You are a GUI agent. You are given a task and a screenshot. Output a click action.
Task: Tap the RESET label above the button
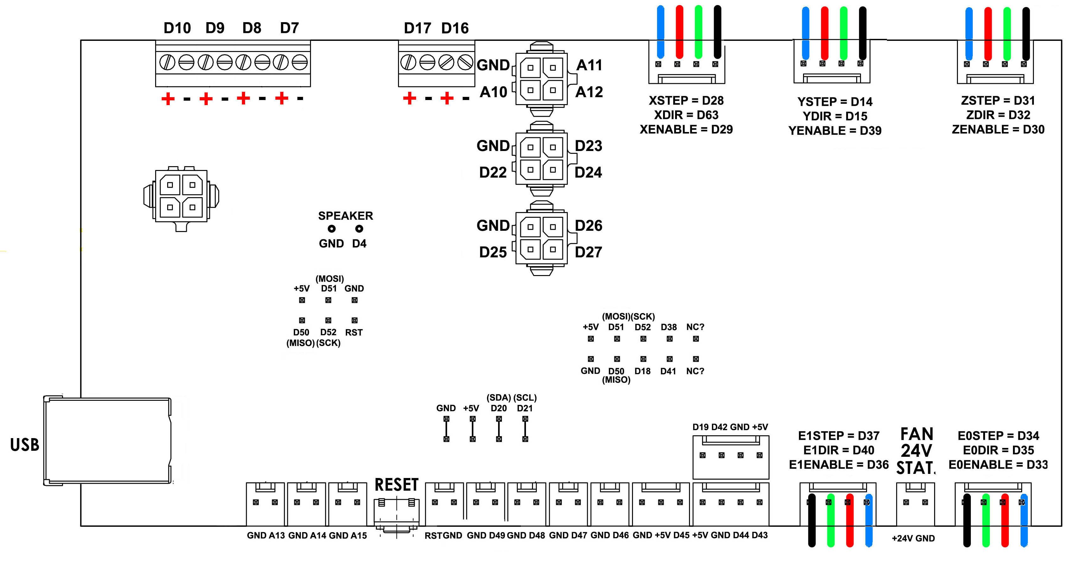[x=396, y=485]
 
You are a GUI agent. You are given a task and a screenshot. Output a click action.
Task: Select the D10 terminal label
[x=177, y=28]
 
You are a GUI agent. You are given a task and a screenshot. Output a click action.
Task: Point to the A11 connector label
[x=589, y=65]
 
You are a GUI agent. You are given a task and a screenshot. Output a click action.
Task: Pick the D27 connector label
[x=588, y=252]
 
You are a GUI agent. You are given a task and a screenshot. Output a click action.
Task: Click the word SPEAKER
[x=345, y=216]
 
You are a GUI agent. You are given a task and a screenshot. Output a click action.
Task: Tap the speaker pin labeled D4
[x=359, y=243]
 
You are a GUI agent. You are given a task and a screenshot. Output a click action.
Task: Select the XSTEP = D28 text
[x=686, y=101]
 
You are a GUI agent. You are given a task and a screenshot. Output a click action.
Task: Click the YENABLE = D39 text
[x=835, y=131]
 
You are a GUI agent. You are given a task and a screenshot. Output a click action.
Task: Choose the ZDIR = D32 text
[x=998, y=115]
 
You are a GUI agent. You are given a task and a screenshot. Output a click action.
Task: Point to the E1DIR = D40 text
[x=838, y=450]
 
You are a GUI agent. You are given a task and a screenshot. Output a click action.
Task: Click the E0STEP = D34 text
[x=998, y=436]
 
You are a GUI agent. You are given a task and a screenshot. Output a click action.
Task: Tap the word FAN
[x=916, y=434]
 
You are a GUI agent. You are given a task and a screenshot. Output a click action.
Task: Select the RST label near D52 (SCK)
[x=354, y=333]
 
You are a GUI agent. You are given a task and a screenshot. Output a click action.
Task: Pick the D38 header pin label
[x=669, y=327]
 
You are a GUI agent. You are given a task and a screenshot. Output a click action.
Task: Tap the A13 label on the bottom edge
[x=277, y=536]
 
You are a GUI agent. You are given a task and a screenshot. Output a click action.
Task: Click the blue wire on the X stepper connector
[x=660, y=31]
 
